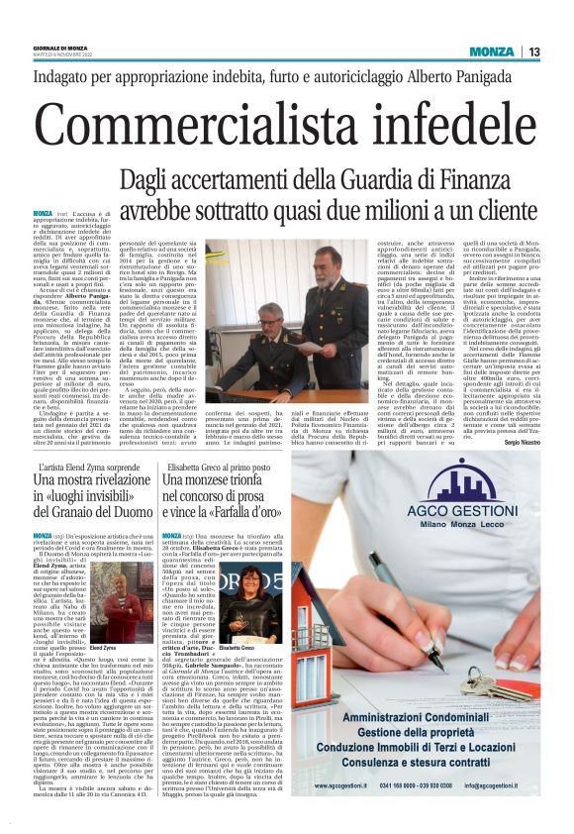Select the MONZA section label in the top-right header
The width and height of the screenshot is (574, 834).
coord(491,52)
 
